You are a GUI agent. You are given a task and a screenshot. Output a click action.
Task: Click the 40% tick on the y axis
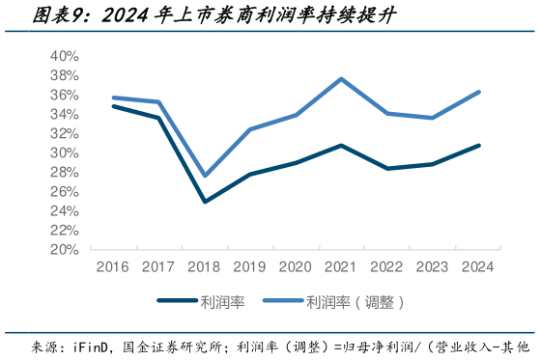pos(64,56)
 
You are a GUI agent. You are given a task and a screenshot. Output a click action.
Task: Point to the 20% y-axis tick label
pos(64,249)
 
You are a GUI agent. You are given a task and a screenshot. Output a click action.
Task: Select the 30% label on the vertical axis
pos(64,152)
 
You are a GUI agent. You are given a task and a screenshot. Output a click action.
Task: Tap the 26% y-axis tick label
pos(64,191)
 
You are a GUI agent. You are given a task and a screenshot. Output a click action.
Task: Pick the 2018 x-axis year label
pos(205,266)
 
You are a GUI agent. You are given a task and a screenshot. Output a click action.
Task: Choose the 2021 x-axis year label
pos(341,266)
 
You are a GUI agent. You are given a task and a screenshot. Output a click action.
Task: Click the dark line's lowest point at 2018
pos(205,202)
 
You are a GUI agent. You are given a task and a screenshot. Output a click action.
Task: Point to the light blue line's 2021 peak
pos(341,78)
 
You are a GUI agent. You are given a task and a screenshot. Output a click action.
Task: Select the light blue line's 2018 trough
pos(205,176)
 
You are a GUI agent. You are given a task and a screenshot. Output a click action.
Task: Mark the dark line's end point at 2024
pos(478,146)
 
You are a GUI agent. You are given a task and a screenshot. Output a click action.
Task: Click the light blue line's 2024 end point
pos(478,92)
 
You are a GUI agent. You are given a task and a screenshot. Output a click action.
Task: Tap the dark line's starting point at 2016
pos(114,106)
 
